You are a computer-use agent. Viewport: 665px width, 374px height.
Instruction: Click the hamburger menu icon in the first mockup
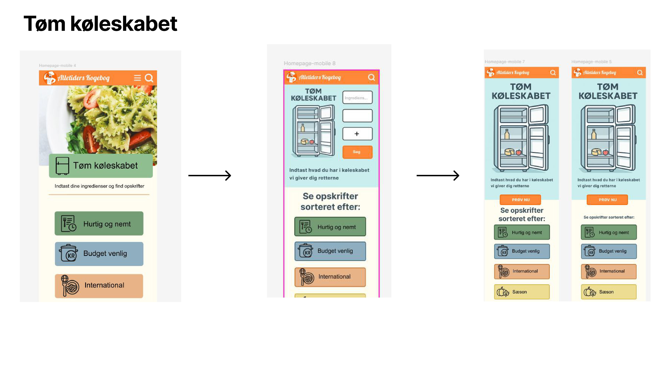point(137,78)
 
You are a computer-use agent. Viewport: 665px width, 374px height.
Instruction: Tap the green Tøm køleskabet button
point(101,166)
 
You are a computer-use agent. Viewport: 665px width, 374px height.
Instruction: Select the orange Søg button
point(357,152)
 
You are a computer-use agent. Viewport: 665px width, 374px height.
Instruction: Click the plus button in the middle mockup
point(357,134)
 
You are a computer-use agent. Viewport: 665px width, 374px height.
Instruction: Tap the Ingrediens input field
point(357,97)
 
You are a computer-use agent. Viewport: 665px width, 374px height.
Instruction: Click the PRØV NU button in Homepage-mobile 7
point(520,200)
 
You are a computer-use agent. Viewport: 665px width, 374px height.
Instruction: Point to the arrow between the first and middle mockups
point(209,176)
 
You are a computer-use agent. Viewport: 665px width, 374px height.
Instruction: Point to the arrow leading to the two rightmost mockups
point(438,176)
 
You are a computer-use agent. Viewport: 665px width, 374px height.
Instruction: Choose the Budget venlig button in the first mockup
point(99,254)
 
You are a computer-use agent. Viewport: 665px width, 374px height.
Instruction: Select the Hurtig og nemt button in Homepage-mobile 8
point(330,227)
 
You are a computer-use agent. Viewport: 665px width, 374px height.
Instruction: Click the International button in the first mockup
point(99,286)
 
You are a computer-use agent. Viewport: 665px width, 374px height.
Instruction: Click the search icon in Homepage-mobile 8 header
point(371,77)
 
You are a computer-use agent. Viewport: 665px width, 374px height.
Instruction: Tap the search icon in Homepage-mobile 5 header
point(640,73)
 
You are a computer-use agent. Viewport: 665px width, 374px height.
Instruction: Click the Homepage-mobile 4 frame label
point(57,66)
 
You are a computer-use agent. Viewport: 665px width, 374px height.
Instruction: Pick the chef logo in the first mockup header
point(49,78)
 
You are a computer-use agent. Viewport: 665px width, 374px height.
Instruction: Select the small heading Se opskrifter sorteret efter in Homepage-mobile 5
point(609,217)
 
